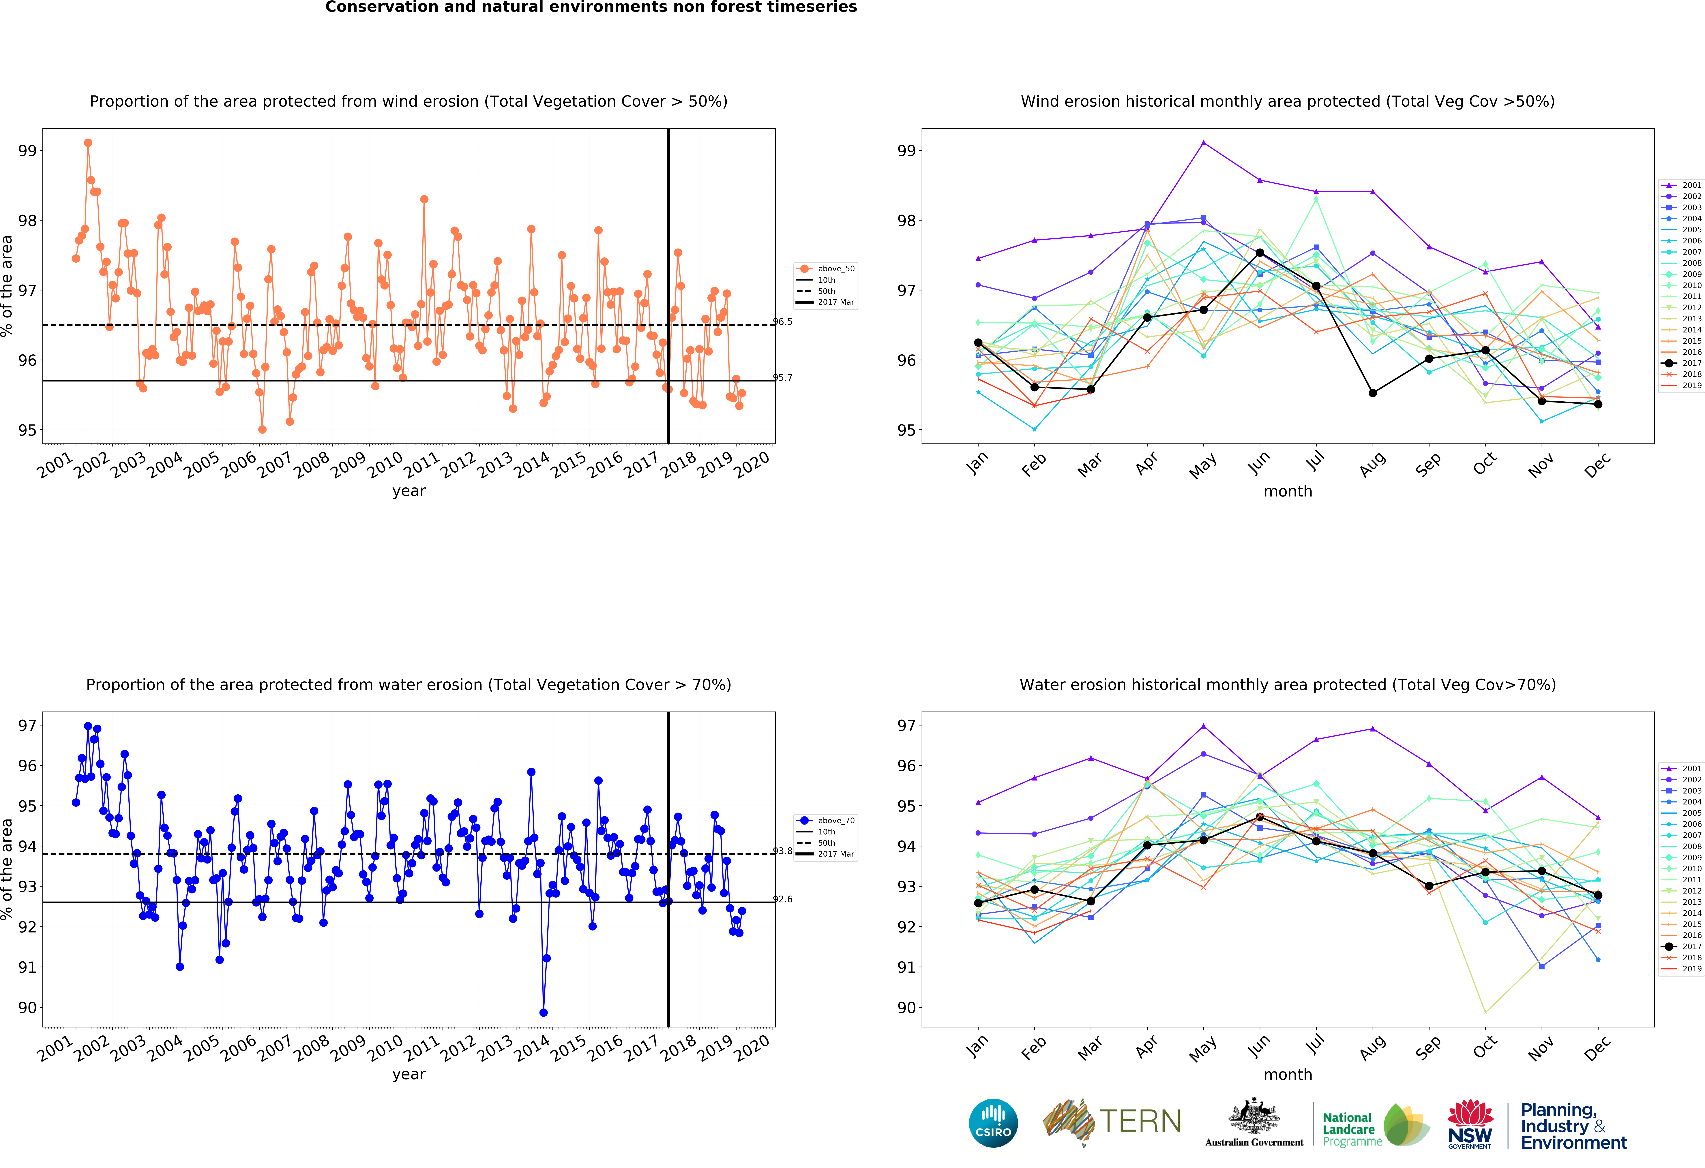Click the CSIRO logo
pos(993,1122)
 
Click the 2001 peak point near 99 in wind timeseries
pos(88,143)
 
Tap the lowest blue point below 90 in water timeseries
pos(543,1013)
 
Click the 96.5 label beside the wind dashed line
pos(783,322)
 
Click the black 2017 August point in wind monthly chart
pos(1373,393)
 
